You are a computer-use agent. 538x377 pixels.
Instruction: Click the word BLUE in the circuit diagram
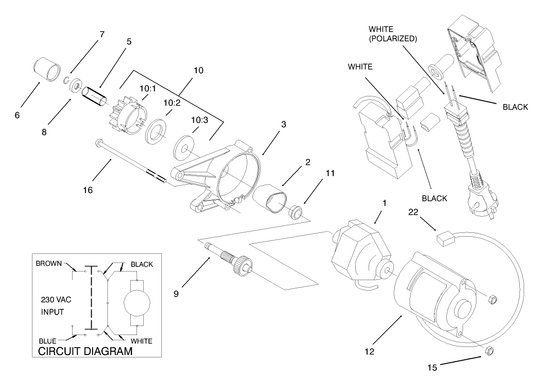(x=47, y=341)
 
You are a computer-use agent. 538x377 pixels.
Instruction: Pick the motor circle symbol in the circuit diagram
(x=137, y=303)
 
